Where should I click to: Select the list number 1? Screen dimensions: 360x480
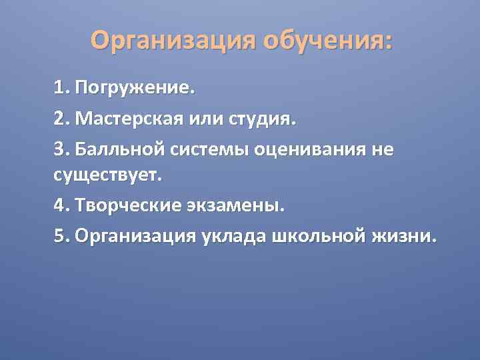coord(61,88)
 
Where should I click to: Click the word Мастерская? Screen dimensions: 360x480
coord(137,121)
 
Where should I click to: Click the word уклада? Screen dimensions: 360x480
coord(234,237)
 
